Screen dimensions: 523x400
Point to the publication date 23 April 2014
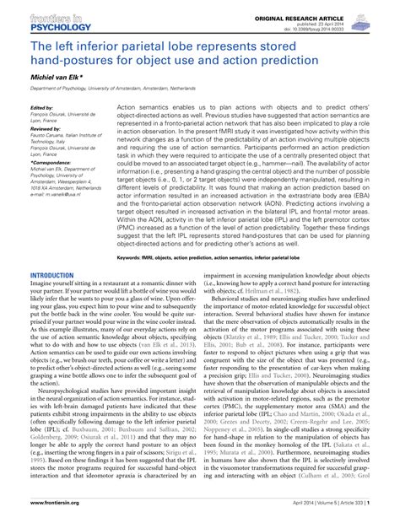pyautogui.click(x=365, y=15)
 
